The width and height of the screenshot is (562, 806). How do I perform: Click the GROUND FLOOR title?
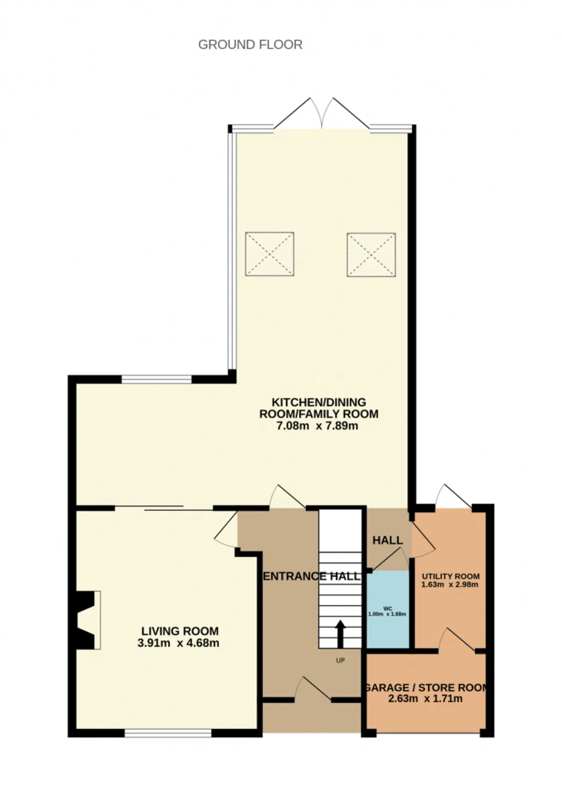(250, 44)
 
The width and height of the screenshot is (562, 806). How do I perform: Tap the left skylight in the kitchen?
(269, 254)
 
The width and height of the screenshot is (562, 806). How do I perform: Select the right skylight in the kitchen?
(371, 255)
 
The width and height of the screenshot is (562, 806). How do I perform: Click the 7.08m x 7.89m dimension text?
(317, 425)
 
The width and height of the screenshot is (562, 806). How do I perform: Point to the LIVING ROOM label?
(180, 631)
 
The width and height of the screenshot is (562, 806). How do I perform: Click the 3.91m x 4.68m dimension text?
(178, 643)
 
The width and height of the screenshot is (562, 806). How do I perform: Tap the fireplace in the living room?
(86, 620)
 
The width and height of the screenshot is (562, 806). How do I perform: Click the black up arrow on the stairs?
(340, 633)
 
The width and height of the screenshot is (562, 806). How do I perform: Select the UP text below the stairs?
(340, 660)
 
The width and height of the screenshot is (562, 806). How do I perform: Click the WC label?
(388, 608)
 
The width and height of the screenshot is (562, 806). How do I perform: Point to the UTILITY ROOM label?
(450, 576)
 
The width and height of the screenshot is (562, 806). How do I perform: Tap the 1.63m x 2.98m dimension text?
(450, 584)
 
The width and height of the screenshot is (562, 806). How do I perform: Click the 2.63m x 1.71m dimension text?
(425, 698)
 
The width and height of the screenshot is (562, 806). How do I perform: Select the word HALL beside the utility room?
(388, 540)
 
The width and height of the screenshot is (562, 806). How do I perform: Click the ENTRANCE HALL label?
(311, 576)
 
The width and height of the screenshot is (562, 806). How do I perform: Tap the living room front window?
(168, 733)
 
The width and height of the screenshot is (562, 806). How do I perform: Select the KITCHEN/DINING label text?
(319, 402)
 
